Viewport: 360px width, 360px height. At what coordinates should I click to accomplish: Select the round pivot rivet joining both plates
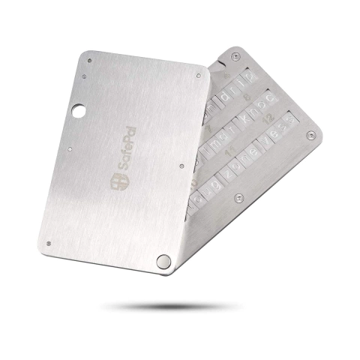pos(163,259)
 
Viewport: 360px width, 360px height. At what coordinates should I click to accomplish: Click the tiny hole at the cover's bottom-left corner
pos(48,242)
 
